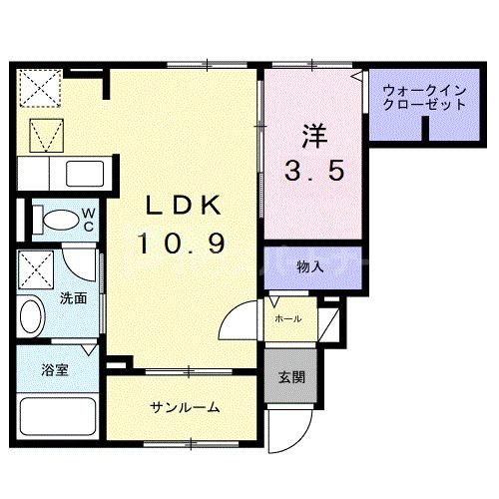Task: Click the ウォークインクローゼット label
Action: [424, 98]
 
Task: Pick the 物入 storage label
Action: [310, 266]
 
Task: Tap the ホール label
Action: [288, 319]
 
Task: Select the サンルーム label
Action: [186, 407]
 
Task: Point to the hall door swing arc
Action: [240, 324]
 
